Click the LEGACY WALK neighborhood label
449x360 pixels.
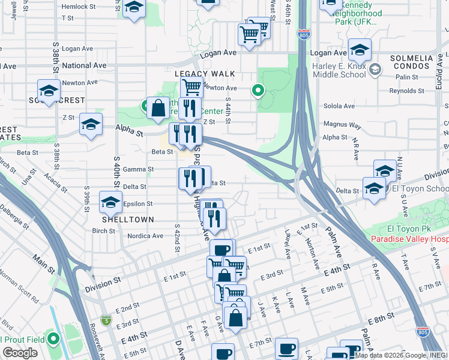pos(205,73)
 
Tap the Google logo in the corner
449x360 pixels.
pos(20,353)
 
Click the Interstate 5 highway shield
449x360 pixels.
pos(106,320)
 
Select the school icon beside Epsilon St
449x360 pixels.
pos(111,203)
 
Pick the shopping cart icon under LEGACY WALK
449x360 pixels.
pos(191,86)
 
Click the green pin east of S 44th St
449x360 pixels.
pos(258,91)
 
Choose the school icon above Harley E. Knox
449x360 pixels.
pos(360,50)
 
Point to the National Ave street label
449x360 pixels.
pos(84,65)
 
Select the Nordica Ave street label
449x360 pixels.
pos(145,236)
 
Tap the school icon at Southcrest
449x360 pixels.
pos(49,91)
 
